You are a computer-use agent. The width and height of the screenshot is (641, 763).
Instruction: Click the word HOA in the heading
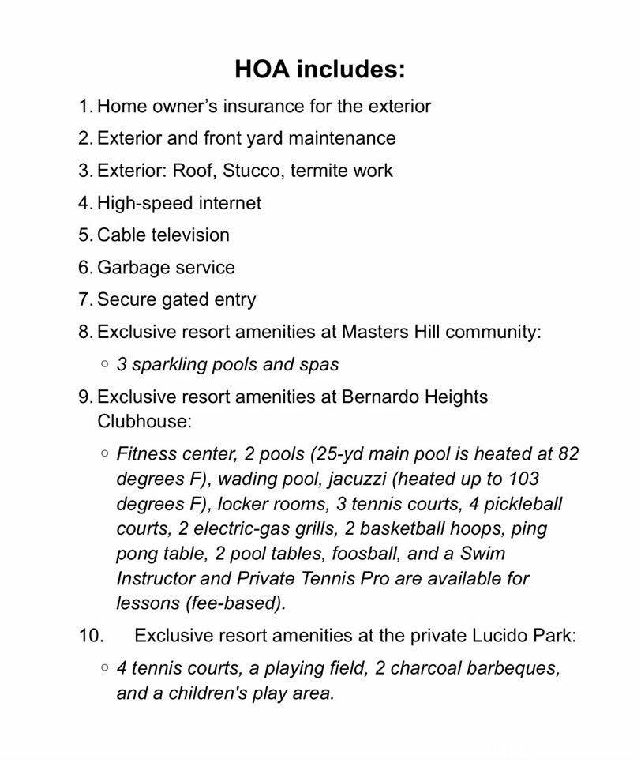pos(262,70)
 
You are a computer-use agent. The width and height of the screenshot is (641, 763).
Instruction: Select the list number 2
pos(84,138)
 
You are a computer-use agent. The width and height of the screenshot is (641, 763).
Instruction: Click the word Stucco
pos(255,171)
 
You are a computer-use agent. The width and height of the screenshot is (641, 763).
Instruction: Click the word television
pos(191,235)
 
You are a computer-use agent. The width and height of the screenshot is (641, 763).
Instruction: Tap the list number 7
pos(84,300)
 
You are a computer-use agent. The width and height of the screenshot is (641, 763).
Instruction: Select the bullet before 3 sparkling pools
pos(104,364)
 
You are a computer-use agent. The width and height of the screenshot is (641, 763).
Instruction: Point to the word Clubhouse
pos(144,421)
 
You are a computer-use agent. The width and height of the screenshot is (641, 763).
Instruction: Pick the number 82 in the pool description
pos(568,454)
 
